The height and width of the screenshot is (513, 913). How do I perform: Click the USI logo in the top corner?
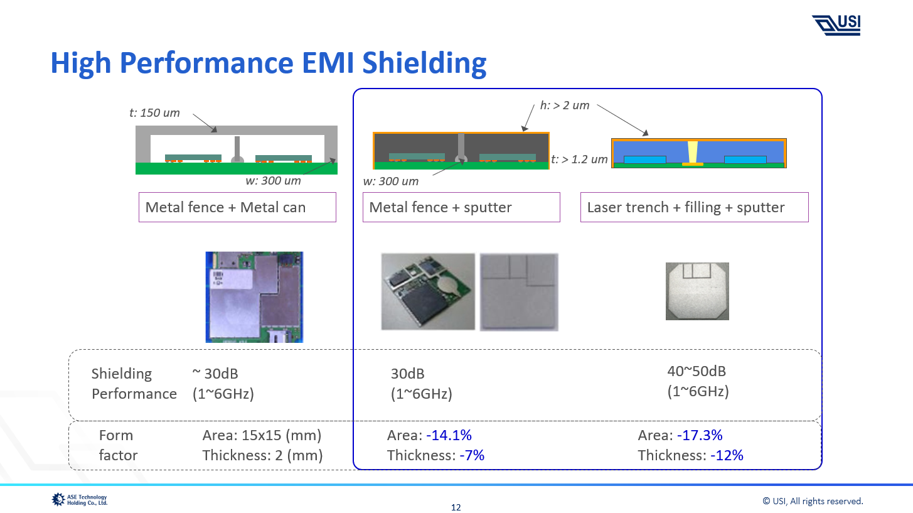836,24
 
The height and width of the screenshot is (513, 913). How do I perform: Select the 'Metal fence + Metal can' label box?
237,207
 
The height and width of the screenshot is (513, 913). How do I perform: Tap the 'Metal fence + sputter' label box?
461,207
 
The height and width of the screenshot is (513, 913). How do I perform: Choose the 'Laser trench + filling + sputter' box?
694,207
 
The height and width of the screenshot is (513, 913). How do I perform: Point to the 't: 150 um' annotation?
154,113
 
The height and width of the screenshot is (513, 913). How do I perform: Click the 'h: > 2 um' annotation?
565,105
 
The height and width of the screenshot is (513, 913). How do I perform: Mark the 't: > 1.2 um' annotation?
579,159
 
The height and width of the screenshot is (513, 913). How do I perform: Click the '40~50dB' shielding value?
697,371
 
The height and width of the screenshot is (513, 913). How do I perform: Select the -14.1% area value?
449,435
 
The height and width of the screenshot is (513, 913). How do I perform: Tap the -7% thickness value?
472,455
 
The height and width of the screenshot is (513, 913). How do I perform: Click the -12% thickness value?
727,455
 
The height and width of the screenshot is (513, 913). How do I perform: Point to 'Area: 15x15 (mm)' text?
262,435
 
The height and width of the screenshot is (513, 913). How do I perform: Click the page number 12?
456,507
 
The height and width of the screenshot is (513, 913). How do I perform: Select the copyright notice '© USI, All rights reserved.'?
813,500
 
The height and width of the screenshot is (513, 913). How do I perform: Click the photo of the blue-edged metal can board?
254,297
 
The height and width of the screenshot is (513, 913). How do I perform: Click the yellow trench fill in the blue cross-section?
693,152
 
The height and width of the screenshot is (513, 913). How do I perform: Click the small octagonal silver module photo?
697,291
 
